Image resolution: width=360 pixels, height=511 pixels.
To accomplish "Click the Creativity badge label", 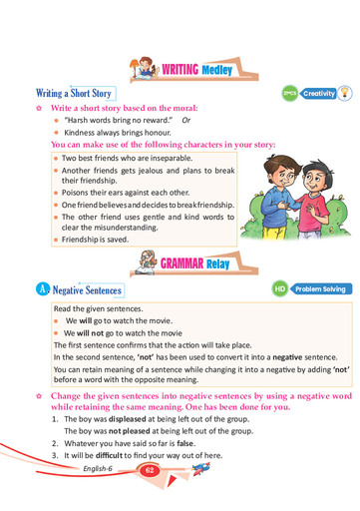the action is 319,92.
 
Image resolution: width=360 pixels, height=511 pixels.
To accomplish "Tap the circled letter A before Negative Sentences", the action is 40,290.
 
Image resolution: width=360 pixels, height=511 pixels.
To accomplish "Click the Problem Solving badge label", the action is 320,289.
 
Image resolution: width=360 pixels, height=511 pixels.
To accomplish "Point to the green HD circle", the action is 280,289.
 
